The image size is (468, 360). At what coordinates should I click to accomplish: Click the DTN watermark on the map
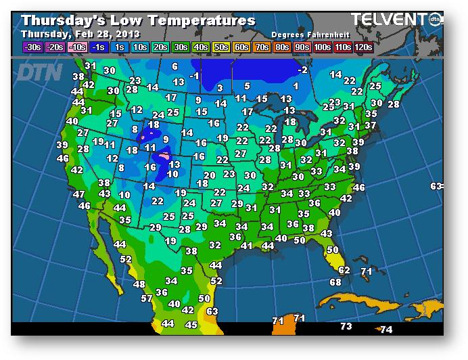click(x=39, y=71)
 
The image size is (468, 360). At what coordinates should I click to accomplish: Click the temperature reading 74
click(x=386, y=330)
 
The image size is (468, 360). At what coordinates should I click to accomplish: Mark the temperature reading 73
click(x=346, y=327)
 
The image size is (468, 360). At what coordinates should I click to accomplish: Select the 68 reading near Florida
click(x=335, y=282)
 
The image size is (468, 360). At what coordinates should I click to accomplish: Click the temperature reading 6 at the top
click(x=174, y=66)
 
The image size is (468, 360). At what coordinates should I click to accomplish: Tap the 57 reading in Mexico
click(x=147, y=298)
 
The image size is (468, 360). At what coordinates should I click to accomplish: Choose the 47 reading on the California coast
click(x=79, y=194)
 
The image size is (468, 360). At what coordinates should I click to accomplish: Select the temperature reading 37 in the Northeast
click(x=370, y=126)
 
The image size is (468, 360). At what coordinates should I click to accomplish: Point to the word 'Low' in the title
click(x=121, y=20)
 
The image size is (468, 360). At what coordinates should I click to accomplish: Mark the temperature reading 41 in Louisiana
click(x=247, y=246)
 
